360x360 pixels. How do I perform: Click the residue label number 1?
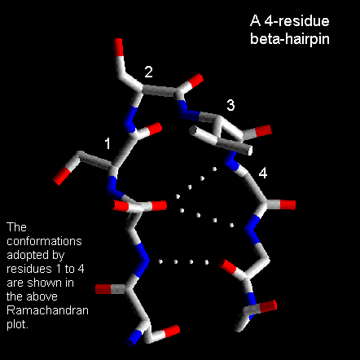click(x=108, y=143)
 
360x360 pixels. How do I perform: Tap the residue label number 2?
click(x=148, y=72)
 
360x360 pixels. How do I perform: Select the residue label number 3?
click(x=230, y=105)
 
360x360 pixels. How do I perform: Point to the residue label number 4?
click(x=262, y=173)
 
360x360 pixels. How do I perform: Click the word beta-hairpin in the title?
click(x=290, y=38)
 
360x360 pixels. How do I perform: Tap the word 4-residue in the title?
click(x=296, y=21)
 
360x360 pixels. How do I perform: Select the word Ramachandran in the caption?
click(x=47, y=310)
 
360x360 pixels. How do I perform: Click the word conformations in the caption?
click(x=44, y=241)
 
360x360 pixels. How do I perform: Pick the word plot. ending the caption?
click(x=17, y=325)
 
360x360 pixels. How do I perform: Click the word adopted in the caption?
click(x=28, y=255)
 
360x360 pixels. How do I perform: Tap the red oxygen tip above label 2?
click(x=118, y=46)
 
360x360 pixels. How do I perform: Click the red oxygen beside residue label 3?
click(x=263, y=131)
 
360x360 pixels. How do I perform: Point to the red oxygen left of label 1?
click(x=62, y=176)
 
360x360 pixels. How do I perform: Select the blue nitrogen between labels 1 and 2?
click(x=130, y=119)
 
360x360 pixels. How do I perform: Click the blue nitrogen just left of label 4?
click(x=230, y=160)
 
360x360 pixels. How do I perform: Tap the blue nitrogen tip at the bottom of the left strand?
click(x=134, y=338)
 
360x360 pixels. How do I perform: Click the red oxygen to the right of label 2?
click(x=195, y=81)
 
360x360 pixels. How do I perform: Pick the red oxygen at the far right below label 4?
click(x=288, y=204)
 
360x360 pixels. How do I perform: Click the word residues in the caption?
click(x=29, y=269)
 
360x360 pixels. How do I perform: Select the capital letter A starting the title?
click(x=255, y=21)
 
